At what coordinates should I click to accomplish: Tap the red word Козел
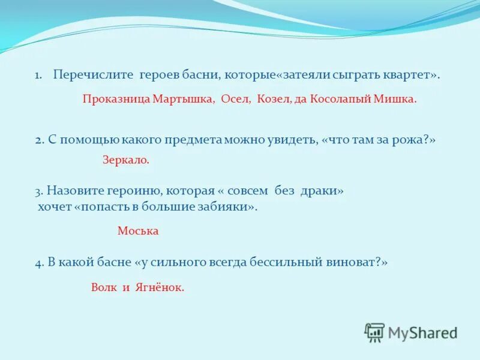(273, 100)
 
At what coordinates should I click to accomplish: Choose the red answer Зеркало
(125, 160)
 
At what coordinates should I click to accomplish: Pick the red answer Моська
(138, 231)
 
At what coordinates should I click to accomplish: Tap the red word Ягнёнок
(159, 287)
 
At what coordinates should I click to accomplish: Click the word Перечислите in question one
(94, 75)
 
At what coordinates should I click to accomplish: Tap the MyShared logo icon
(374, 332)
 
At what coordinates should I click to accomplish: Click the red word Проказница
(116, 100)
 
